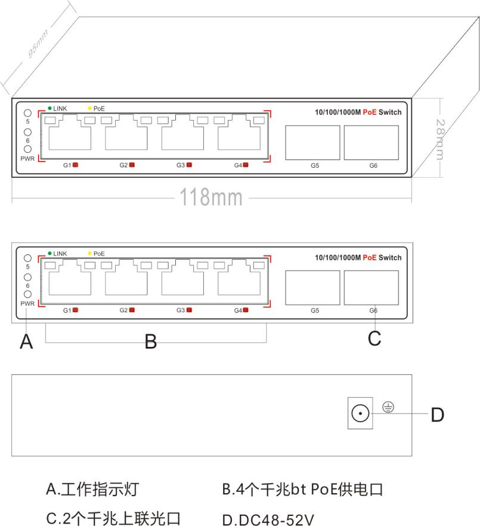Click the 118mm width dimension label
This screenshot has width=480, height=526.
pos(211,197)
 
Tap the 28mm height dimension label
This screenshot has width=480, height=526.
pos(440,140)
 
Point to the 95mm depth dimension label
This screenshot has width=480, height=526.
pos(38,43)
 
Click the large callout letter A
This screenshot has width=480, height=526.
pos(26,342)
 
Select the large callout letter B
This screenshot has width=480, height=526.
pos(151,342)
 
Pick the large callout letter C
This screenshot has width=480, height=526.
pos(374,338)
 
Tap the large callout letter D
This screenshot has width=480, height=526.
pos(438,414)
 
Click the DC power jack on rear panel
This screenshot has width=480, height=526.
pos(360,413)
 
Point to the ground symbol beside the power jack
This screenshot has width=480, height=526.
pos(388,407)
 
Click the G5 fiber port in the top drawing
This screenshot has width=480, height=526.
pos(312,143)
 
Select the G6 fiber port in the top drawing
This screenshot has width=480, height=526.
pos(371,143)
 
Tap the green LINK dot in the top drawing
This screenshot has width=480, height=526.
pos(49,108)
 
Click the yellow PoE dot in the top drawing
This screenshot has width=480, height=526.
pos(90,108)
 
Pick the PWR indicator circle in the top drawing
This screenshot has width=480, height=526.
pos(28,149)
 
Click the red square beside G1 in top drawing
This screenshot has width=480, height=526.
pos(75,165)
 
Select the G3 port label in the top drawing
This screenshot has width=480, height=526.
pos(181,165)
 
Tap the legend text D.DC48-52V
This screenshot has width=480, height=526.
pos(268,519)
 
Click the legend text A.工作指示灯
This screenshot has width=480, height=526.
pos(92,489)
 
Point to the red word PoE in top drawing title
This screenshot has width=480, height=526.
pos(370,112)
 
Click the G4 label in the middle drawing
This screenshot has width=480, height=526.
pos(238,310)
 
